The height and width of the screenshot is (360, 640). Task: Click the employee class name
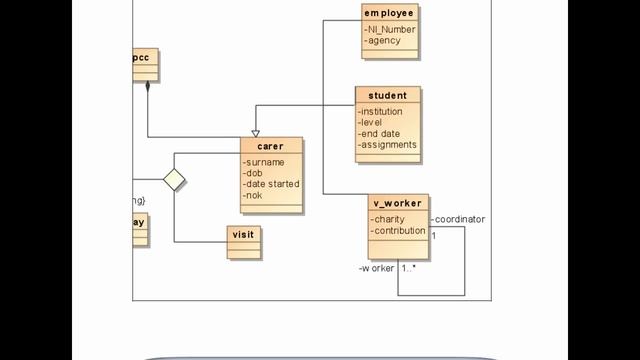[x=389, y=13]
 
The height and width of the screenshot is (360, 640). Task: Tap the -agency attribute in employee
[x=384, y=41]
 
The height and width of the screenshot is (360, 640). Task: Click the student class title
[x=388, y=96]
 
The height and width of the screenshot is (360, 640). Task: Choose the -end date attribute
[x=380, y=134]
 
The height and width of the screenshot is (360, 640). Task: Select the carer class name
[x=270, y=146]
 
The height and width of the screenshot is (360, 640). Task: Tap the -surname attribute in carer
[x=265, y=162]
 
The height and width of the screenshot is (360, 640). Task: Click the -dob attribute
[x=254, y=173]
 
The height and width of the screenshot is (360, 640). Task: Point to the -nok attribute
[x=254, y=195]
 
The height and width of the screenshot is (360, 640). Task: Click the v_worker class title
[x=398, y=203]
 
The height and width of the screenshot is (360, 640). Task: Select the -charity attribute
[x=388, y=219]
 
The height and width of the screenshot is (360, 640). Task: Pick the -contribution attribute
[x=398, y=231]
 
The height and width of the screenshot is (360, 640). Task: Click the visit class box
[x=243, y=234]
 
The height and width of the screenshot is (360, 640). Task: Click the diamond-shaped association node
[x=175, y=179]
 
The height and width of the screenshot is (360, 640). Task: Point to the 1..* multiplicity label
[x=410, y=268]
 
